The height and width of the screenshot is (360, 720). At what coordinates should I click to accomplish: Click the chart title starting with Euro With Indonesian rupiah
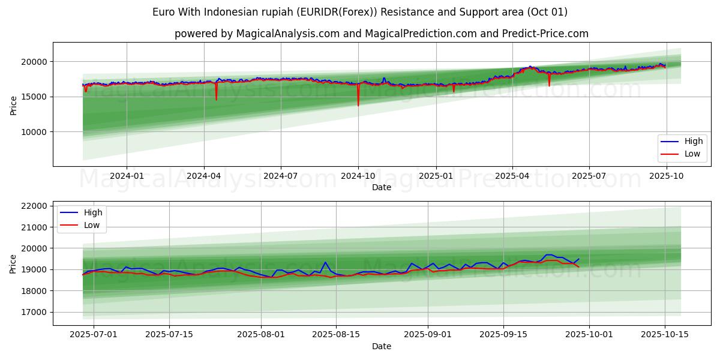click(359, 12)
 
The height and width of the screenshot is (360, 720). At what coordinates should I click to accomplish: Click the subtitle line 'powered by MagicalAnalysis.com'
click(381, 34)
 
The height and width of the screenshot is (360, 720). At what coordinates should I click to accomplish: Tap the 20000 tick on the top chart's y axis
click(34, 62)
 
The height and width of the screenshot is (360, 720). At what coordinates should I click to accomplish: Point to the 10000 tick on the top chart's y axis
click(34, 132)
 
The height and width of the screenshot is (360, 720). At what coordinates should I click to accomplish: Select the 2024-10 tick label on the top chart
click(358, 176)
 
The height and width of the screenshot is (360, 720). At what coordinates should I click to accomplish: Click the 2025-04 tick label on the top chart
click(512, 176)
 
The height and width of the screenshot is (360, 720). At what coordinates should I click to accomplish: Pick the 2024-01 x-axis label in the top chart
click(127, 176)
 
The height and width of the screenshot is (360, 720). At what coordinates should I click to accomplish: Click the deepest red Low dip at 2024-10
click(358, 106)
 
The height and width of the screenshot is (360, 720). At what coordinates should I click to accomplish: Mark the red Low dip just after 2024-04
click(216, 99)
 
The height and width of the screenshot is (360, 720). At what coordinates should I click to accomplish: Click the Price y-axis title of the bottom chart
click(13, 263)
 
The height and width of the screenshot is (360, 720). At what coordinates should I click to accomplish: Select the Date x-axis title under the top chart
click(381, 187)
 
